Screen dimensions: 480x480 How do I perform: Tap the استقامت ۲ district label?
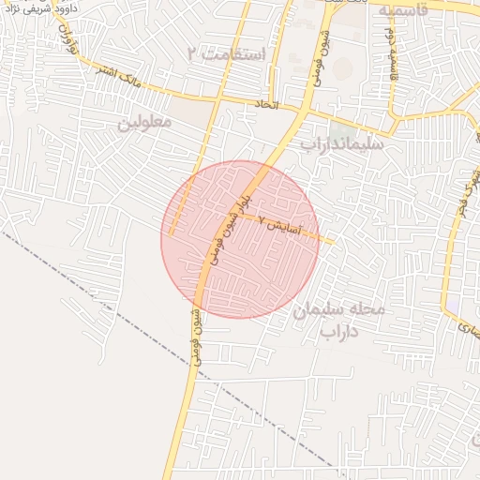click(x=227, y=53)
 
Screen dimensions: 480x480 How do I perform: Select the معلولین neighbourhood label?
click(x=145, y=123)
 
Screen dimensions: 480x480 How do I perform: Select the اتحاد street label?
click(x=267, y=106)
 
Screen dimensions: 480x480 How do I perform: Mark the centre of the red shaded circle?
click(x=240, y=239)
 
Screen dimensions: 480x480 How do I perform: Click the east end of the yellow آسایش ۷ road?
click(x=332, y=241)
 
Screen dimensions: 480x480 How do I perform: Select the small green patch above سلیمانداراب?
click(x=336, y=127)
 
